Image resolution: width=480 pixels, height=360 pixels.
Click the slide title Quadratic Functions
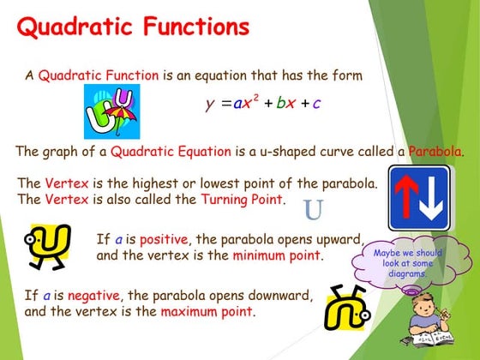(x=133, y=27)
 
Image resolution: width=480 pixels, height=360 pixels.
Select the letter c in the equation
(x=316, y=105)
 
